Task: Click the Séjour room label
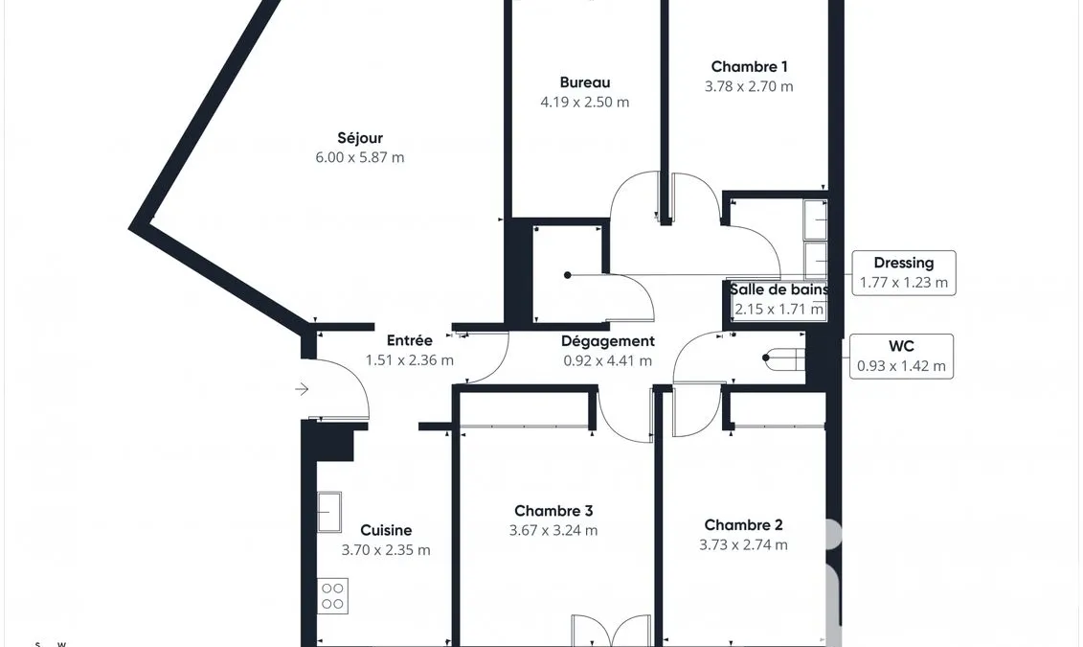coord(360,138)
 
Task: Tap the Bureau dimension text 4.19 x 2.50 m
coord(585,103)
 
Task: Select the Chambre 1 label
coord(750,66)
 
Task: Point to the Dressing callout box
coord(904,273)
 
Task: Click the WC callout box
coord(901,357)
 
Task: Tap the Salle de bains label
coord(779,289)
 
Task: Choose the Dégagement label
coord(608,341)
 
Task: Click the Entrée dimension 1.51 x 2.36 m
coord(410,360)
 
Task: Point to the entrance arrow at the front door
coord(302,389)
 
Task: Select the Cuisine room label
coord(386,530)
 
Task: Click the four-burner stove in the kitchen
coord(333,596)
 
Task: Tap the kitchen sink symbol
coord(329,512)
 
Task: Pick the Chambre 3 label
coord(553,511)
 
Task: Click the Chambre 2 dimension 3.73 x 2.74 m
coord(743,544)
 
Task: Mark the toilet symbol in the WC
coord(784,358)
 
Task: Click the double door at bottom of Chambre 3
coord(611,630)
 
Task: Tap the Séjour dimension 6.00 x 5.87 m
coord(360,157)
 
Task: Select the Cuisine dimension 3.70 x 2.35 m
coord(386,550)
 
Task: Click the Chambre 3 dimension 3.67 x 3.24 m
coord(553,531)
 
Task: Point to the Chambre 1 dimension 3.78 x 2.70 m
coord(750,86)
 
